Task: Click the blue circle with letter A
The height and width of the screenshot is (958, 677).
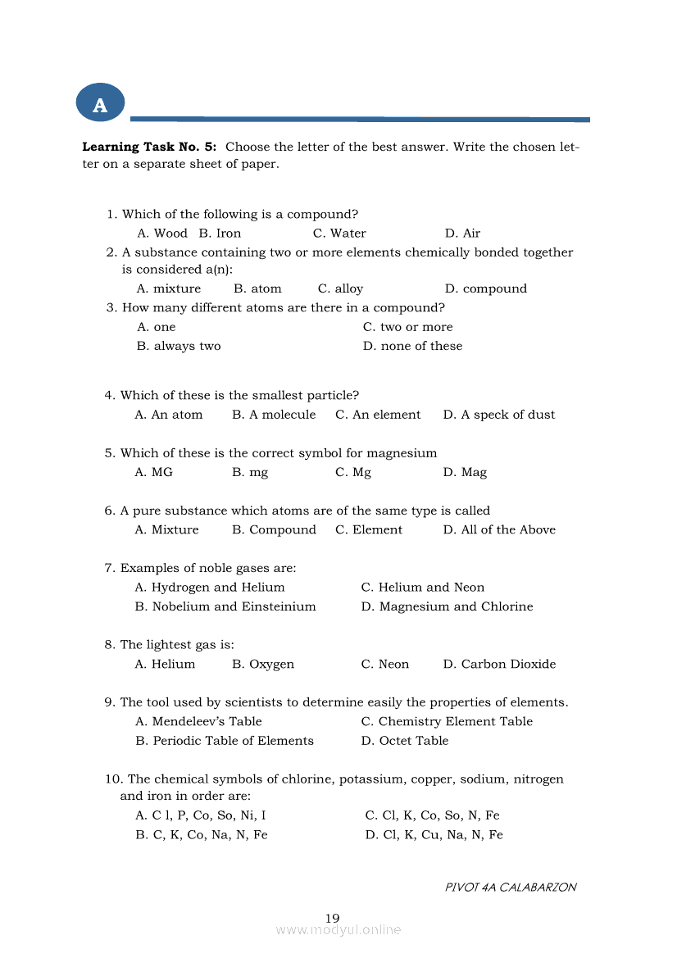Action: point(100,104)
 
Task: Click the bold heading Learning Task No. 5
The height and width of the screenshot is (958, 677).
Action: point(149,148)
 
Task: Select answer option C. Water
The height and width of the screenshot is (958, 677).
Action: point(339,234)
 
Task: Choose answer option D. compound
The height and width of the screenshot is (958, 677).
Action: point(485,288)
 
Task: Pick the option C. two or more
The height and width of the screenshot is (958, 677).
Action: point(407,327)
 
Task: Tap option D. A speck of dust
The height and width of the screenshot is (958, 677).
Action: point(498,415)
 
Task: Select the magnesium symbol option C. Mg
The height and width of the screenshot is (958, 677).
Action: point(352,472)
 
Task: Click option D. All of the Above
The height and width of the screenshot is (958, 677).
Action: point(498,529)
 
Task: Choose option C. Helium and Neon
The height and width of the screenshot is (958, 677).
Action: point(422,588)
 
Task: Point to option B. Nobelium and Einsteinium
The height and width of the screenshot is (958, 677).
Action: point(225,606)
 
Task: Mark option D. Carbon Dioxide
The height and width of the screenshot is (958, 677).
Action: point(498,664)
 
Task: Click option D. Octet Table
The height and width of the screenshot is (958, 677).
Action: point(404,741)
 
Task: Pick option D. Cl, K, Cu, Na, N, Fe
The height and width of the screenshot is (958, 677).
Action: point(434,835)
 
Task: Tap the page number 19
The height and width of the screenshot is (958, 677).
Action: point(332,918)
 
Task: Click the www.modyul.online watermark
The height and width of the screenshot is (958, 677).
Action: point(338,930)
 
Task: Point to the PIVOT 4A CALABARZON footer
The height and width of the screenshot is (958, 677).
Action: point(510,888)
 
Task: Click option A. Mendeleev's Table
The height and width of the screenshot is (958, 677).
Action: point(198,722)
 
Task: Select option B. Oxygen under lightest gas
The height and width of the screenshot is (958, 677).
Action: point(262,664)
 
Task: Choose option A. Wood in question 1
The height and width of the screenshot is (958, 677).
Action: point(161,234)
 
